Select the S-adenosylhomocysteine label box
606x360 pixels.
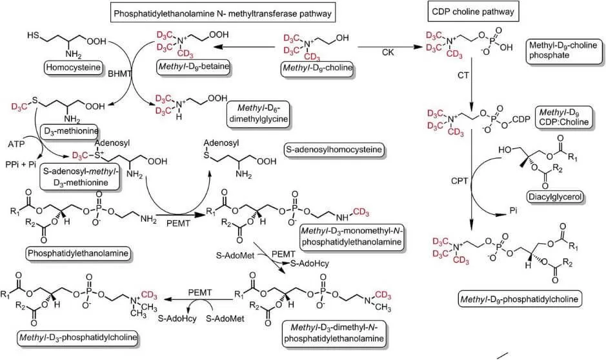pos(335,150)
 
